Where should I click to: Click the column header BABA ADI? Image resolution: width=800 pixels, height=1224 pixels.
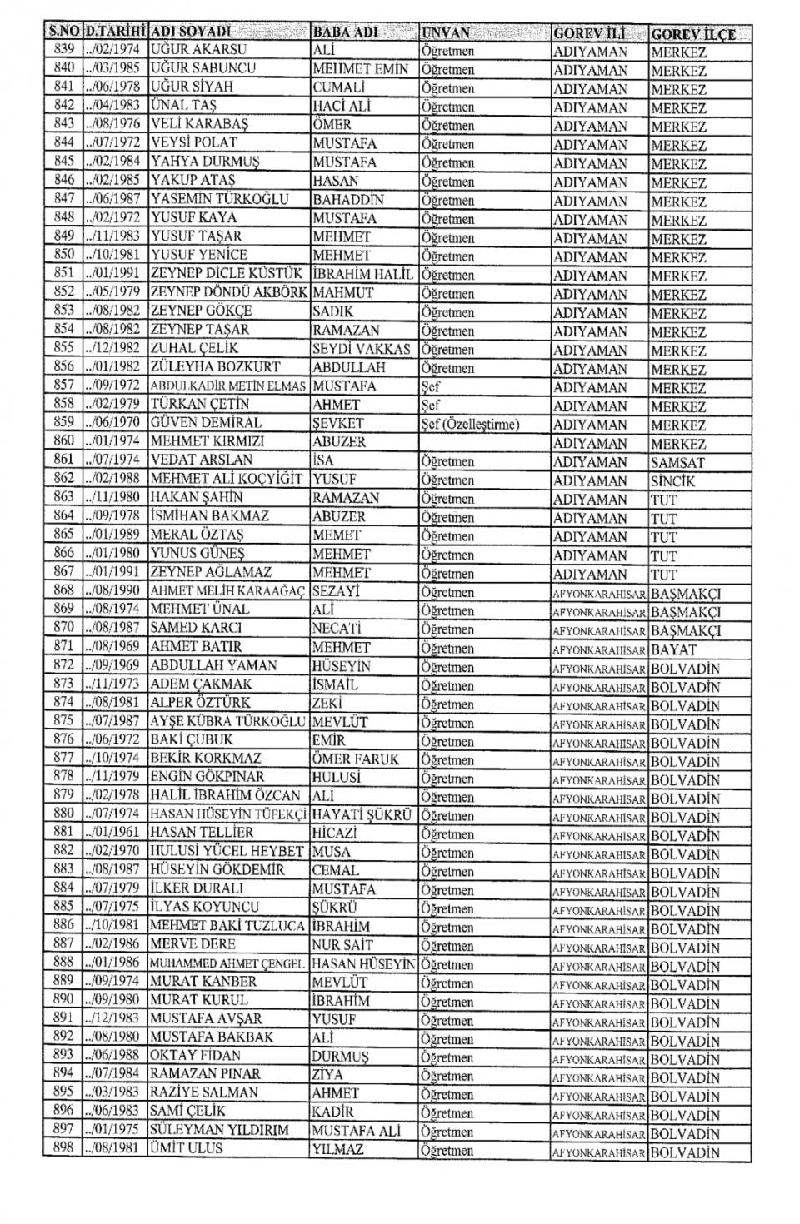point(345,32)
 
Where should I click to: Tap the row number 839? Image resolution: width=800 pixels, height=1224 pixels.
point(63,49)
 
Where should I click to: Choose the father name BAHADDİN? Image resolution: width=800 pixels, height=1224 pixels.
point(348,200)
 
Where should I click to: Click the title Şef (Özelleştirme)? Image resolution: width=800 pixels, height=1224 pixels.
point(470,424)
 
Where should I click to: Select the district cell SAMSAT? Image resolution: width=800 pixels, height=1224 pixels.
point(677,462)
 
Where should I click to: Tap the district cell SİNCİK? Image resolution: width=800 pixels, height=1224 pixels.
point(672,480)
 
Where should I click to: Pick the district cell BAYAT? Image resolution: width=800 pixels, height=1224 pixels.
point(673,649)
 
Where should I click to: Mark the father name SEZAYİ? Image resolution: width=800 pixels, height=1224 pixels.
point(335,591)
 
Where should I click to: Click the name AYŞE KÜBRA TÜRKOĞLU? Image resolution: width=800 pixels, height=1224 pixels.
point(227,721)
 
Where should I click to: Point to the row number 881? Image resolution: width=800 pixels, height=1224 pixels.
point(63,833)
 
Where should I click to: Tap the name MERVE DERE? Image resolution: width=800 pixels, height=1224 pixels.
point(192,944)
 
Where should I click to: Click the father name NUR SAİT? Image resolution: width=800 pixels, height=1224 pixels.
point(343,944)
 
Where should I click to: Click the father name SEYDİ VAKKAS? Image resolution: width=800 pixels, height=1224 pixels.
point(361,349)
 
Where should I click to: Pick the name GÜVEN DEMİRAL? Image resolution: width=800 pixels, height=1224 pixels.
point(206,422)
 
